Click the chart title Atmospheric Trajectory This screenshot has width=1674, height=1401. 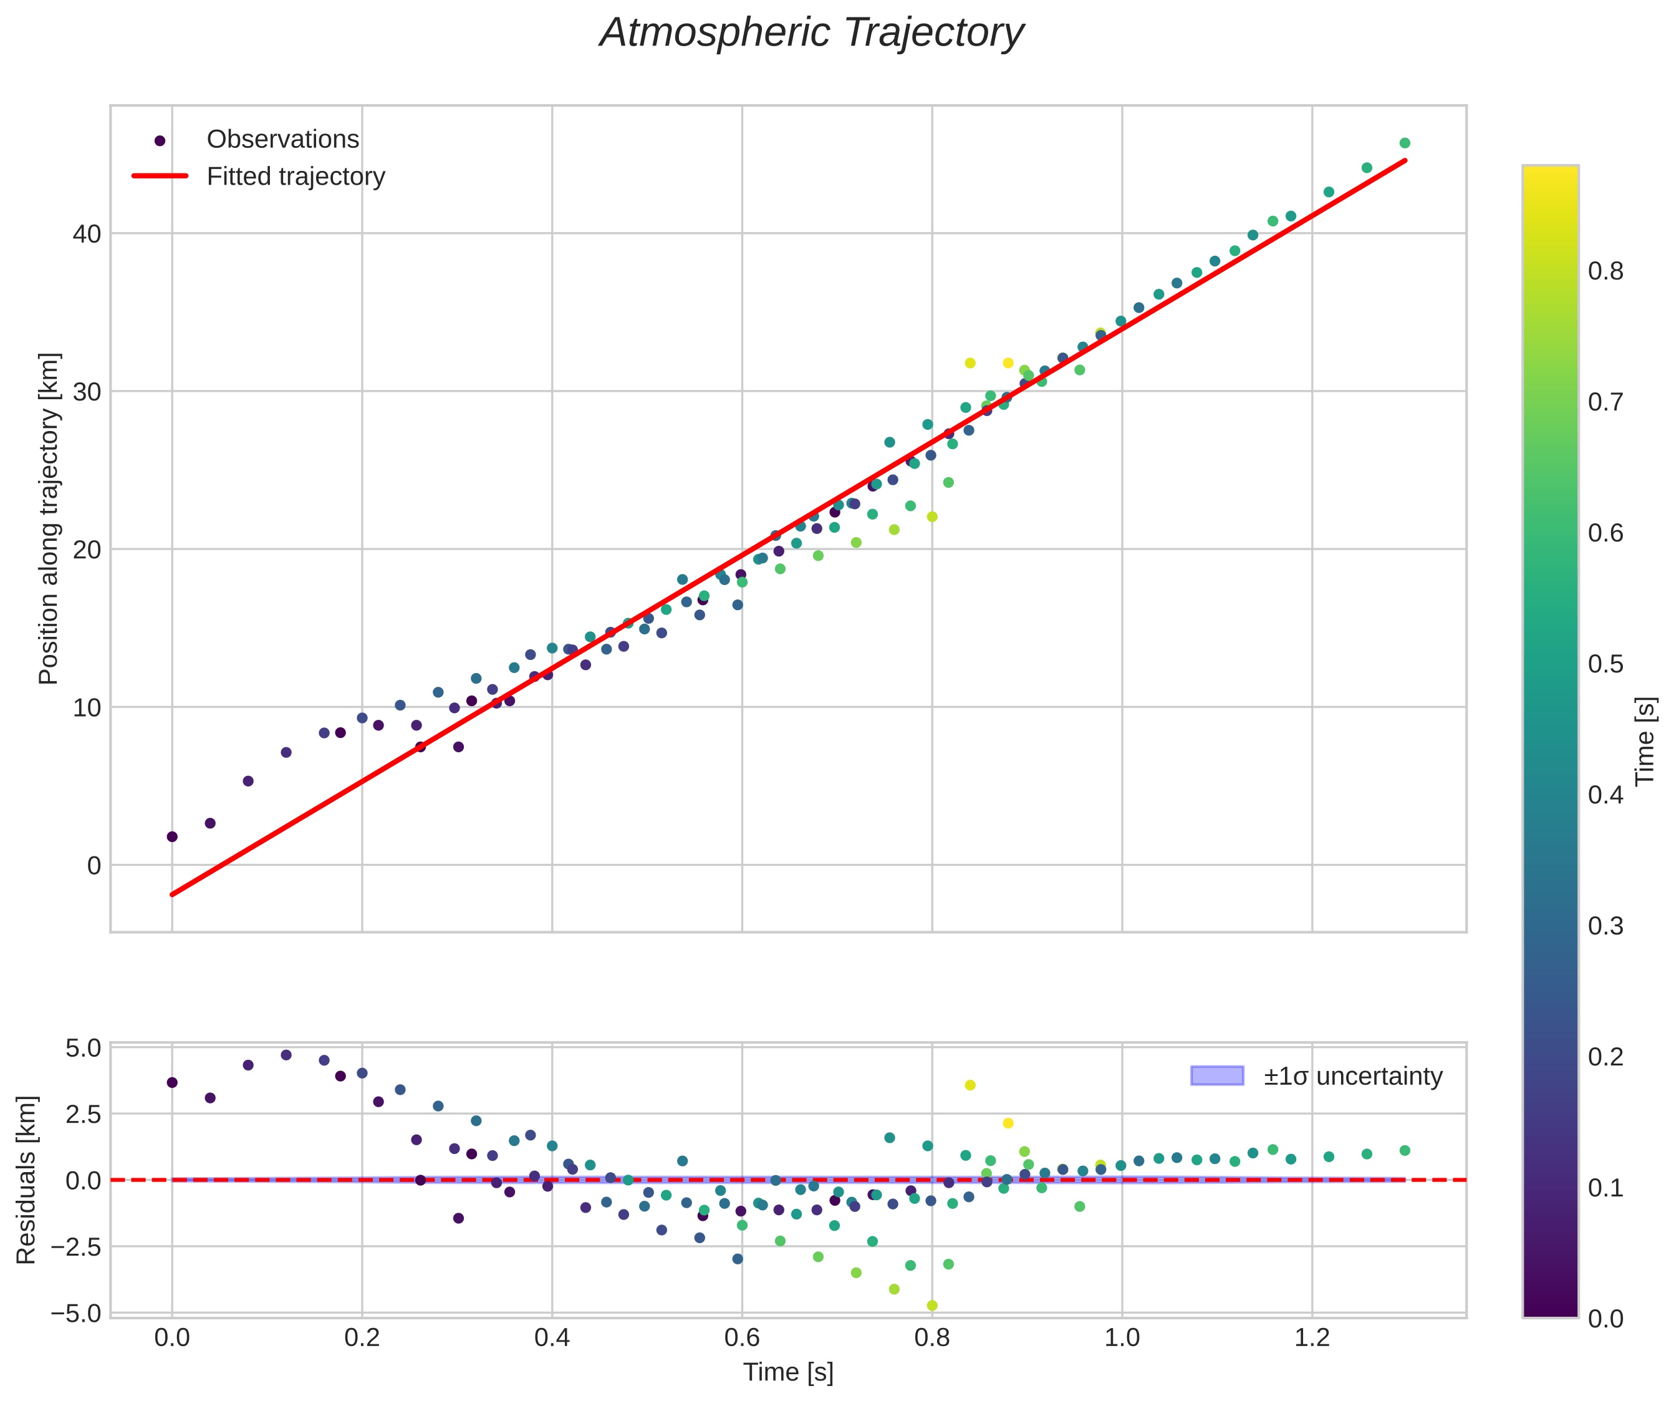click(x=812, y=34)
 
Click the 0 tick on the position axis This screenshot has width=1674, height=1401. click(x=94, y=865)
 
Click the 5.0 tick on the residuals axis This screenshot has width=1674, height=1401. click(x=83, y=1049)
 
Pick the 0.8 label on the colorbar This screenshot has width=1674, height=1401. click(x=1605, y=272)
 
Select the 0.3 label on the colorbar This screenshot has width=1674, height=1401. click(x=1605, y=926)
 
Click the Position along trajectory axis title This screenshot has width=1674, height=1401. click(x=49, y=518)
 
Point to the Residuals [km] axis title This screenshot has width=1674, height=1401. click(x=26, y=1180)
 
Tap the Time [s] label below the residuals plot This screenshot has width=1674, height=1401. click(x=787, y=1372)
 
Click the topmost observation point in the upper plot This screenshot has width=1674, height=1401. click(x=1405, y=143)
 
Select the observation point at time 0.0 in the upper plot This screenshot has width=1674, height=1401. click(x=172, y=836)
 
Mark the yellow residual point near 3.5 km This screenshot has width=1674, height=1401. click(x=970, y=1085)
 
